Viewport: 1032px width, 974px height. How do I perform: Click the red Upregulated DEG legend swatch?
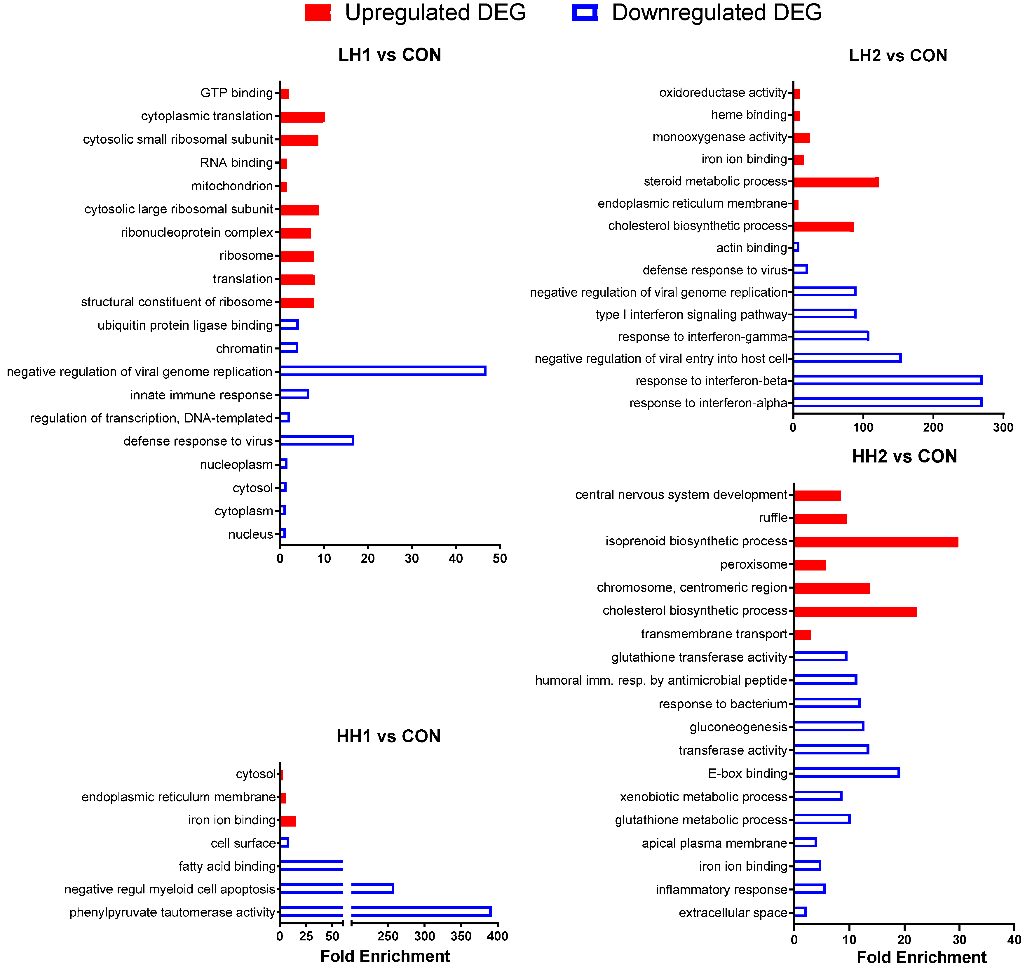click(318, 13)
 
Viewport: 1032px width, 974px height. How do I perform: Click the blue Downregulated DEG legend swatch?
click(585, 13)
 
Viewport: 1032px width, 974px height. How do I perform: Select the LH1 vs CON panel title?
click(389, 55)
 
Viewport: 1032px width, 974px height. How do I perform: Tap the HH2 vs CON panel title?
click(904, 456)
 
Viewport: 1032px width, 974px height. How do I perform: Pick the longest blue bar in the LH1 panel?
click(383, 371)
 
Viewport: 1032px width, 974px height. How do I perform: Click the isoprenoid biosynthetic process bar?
click(876, 542)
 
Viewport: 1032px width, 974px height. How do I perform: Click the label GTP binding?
click(237, 93)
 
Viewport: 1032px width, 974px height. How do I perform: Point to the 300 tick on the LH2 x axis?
click(1003, 427)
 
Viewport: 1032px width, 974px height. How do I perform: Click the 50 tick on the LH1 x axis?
click(499, 559)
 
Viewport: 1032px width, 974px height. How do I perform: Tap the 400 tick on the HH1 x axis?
click(497, 936)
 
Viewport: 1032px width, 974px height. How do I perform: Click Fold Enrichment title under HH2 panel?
click(921, 957)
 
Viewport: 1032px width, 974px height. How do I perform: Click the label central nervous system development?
click(681, 495)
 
